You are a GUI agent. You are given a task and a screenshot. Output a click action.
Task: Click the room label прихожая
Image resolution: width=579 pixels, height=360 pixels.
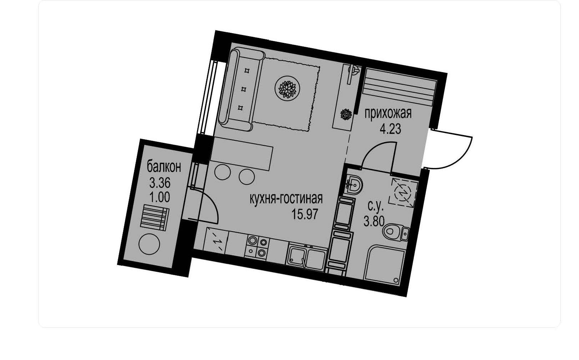coord(388,114)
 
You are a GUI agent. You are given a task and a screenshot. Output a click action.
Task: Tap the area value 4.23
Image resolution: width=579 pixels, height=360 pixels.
coord(390,129)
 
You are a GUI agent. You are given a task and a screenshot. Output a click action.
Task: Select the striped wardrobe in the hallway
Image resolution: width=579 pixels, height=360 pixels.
coord(399,87)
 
